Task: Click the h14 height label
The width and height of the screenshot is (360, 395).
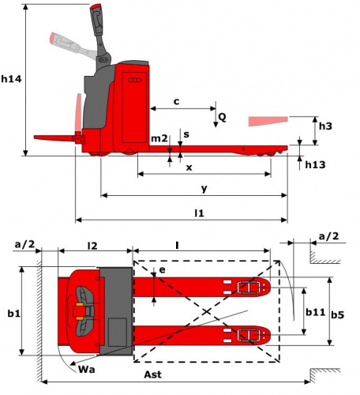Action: [11, 78]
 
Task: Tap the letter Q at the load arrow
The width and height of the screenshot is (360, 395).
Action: [222, 117]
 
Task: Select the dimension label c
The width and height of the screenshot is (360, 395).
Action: [177, 102]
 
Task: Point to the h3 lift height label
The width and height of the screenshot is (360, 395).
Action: [325, 126]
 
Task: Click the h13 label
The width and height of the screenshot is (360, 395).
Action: [315, 165]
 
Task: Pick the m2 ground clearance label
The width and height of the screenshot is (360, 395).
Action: [159, 138]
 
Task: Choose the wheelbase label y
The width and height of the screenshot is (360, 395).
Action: [204, 189]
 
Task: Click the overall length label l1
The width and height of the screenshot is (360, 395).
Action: [199, 213]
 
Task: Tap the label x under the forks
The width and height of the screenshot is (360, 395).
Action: [189, 167]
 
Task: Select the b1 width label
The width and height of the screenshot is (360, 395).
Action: [14, 314]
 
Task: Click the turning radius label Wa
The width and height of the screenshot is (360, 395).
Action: [87, 369]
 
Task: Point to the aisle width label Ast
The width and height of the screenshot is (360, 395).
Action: [152, 374]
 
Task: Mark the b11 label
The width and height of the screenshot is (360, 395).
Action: [315, 312]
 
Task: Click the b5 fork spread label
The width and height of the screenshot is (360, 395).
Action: [338, 314]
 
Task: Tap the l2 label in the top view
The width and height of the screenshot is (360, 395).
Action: [92, 246]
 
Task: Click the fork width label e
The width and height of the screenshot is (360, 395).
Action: [163, 270]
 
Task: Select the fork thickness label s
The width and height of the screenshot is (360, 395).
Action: [186, 134]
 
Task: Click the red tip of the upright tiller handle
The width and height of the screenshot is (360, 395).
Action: [96, 6]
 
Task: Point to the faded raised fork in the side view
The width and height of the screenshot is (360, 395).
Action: [268, 121]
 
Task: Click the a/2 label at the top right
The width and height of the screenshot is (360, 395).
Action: [328, 236]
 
